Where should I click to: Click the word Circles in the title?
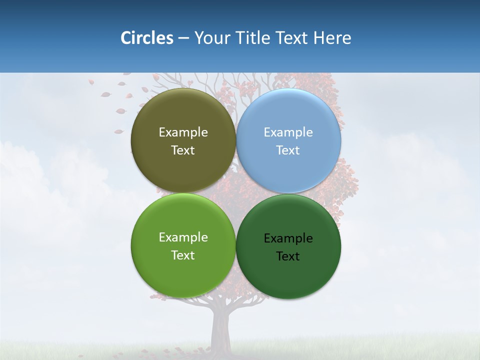click(146, 38)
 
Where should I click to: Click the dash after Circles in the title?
click(183, 38)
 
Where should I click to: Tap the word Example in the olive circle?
click(183, 132)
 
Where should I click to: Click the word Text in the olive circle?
click(183, 150)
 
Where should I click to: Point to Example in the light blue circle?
click(288, 132)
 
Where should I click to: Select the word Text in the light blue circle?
click(288, 150)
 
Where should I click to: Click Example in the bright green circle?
click(183, 237)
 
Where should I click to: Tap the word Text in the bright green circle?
click(183, 255)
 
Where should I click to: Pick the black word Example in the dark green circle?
click(288, 238)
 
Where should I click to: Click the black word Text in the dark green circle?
click(288, 256)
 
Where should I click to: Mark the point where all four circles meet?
click(236, 193)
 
